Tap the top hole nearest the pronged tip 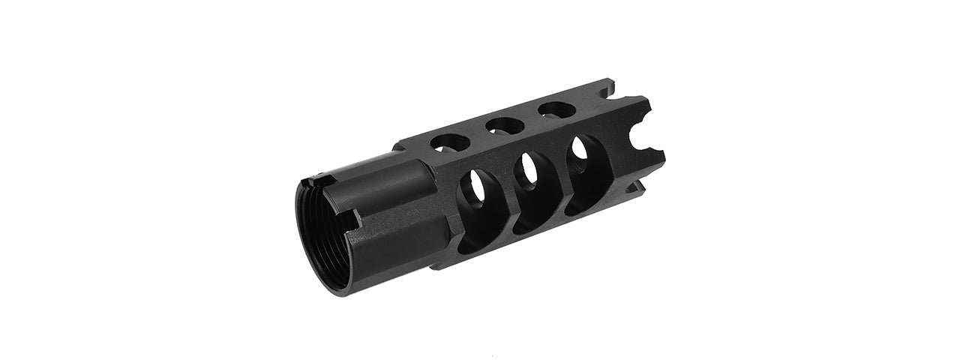[553, 109]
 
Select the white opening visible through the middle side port [529, 166]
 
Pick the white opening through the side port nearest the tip [580, 148]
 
